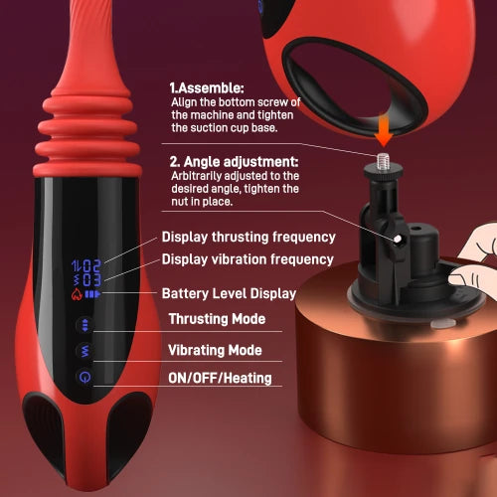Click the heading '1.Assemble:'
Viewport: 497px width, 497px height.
click(207, 88)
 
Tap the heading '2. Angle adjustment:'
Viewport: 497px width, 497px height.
click(234, 162)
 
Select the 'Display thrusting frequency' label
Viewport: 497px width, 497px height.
click(248, 238)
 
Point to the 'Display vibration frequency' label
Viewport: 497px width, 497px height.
click(248, 259)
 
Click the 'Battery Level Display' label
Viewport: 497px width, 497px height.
click(229, 293)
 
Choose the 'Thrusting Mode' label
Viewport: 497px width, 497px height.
click(217, 319)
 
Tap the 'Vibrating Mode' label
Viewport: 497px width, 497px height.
click(215, 350)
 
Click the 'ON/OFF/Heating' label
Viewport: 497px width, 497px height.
click(220, 378)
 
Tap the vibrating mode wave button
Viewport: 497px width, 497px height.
click(85, 351)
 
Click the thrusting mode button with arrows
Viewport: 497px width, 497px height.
click(85, 325)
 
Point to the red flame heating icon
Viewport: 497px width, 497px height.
click(77, 294)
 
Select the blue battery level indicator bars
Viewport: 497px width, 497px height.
click(92, 294)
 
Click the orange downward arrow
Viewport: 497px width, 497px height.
click(384, 131)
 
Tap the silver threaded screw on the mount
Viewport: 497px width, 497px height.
click(383, 161)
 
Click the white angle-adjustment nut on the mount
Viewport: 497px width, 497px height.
click(397, 239)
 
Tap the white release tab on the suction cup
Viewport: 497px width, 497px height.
click(443, 324)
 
